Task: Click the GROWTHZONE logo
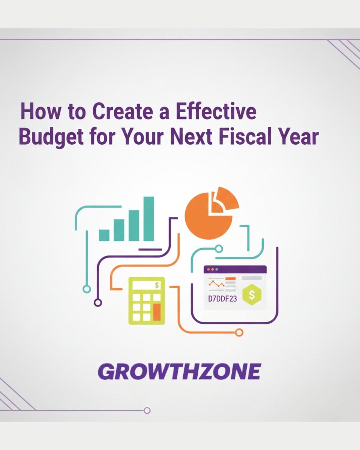coord(179,372)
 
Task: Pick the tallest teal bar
coord(149,219)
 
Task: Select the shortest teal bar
coord(104,235)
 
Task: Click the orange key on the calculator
coord(157,312)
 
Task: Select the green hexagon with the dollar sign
coord(251,294)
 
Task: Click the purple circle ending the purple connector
coord(98,302)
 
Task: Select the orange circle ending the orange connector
coord(239,332)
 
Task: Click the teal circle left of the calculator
coord(87,289)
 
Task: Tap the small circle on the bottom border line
coord(147,410)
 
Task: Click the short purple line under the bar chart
coord(150,249)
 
